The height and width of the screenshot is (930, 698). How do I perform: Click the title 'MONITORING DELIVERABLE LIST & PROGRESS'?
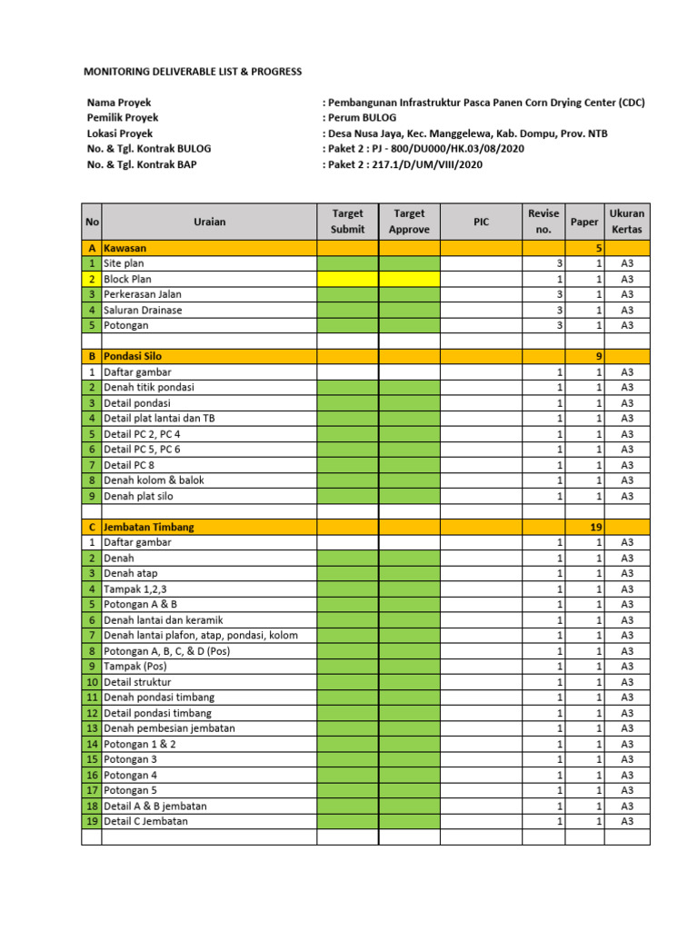pyautogui.click(x=193, y=72)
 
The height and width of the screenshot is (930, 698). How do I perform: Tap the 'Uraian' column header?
pyautogui.click(x=209, y=222)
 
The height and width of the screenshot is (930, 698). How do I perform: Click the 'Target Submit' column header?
pyautogui.click(x=347, y=222)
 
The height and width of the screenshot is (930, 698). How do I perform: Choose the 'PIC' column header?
pyautogui.click(x=481, y=222)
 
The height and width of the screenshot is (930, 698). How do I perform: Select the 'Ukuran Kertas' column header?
pyautogui.click(x=627, y=222)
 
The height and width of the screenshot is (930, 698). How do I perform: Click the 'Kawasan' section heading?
pyautogui.click(x=125, y=248)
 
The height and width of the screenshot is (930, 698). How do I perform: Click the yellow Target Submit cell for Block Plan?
pyautogui.click(x=347, y=279)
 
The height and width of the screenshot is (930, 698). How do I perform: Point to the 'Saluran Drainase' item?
pyautogui.click(x=143, y=310)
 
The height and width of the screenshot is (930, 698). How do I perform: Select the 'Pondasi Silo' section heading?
pyautogui.click(x=134, y=357)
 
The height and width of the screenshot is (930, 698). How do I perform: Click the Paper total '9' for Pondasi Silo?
pyautogui.click(x=597, y=357)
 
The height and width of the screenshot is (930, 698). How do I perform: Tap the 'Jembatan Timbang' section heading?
pyautogui.click(x=148, y=527)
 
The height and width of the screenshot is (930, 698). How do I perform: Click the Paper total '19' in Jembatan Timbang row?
pyautogui.click(x=595, y=527)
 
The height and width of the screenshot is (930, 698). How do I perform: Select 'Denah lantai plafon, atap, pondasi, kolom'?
pyautogui.click(x=201, y=635)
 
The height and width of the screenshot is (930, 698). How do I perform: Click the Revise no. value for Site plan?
pyautogui.click(x=560, y=263)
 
